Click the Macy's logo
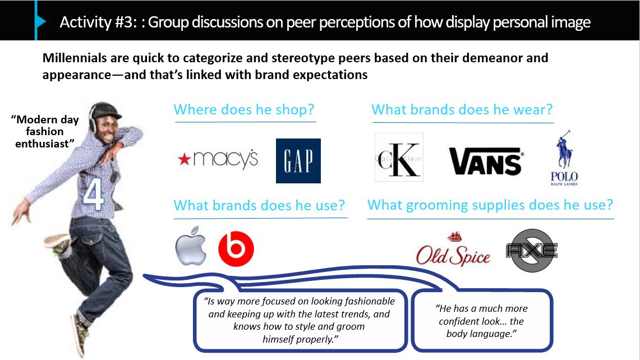tap(218, 159)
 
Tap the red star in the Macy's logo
tap(185, 159)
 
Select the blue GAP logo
tap(298, 161)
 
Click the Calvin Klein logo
tap(399, 157)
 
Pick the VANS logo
tap(486, 161)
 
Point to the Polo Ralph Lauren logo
tap(564, 158)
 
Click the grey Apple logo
tap(191, 246)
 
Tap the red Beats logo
tap(236, 248)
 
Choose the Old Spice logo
tap(453, 249)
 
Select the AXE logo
tap(532, 250)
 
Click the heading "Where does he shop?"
tap(244, 109)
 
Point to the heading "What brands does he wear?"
tap(462, 109)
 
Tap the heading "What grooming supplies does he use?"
tap(490, 205)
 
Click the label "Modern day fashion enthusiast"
tap(45, 131)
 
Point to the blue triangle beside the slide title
tap(41, 21)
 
